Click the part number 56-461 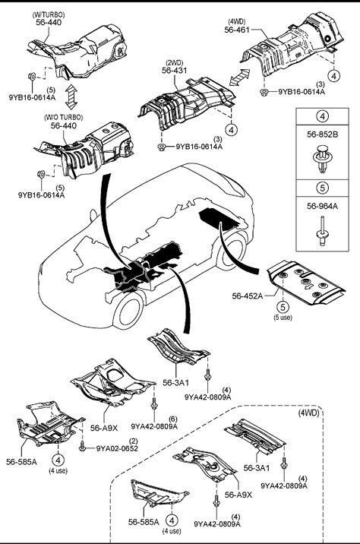click(x=237, y=30)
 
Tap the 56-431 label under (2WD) click(x=174, y=71)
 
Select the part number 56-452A click(x=248, y=296)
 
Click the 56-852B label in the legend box click(x=322, y=134)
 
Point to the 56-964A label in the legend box click(x=322, y=206)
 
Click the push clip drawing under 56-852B click(x=322, y=160)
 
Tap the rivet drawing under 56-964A click(x=323, y=231)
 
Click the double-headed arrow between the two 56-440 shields click(x=71, y=96)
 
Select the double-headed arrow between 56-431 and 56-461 click(x=239, y=77)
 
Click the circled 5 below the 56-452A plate click(x=283, y=307)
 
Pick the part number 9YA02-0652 click(x=117, y=448)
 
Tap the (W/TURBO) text click(x=49, y=14)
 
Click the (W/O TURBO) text click(x=64, y=117)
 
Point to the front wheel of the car click(x=128, y=310)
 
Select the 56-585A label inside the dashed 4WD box click(x=144, y=522)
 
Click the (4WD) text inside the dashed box click(x=308, y=413)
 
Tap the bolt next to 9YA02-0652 click(x=83, y=445)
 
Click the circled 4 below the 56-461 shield click(x=333, y=75)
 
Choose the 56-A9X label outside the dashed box click(x=104, y=428)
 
